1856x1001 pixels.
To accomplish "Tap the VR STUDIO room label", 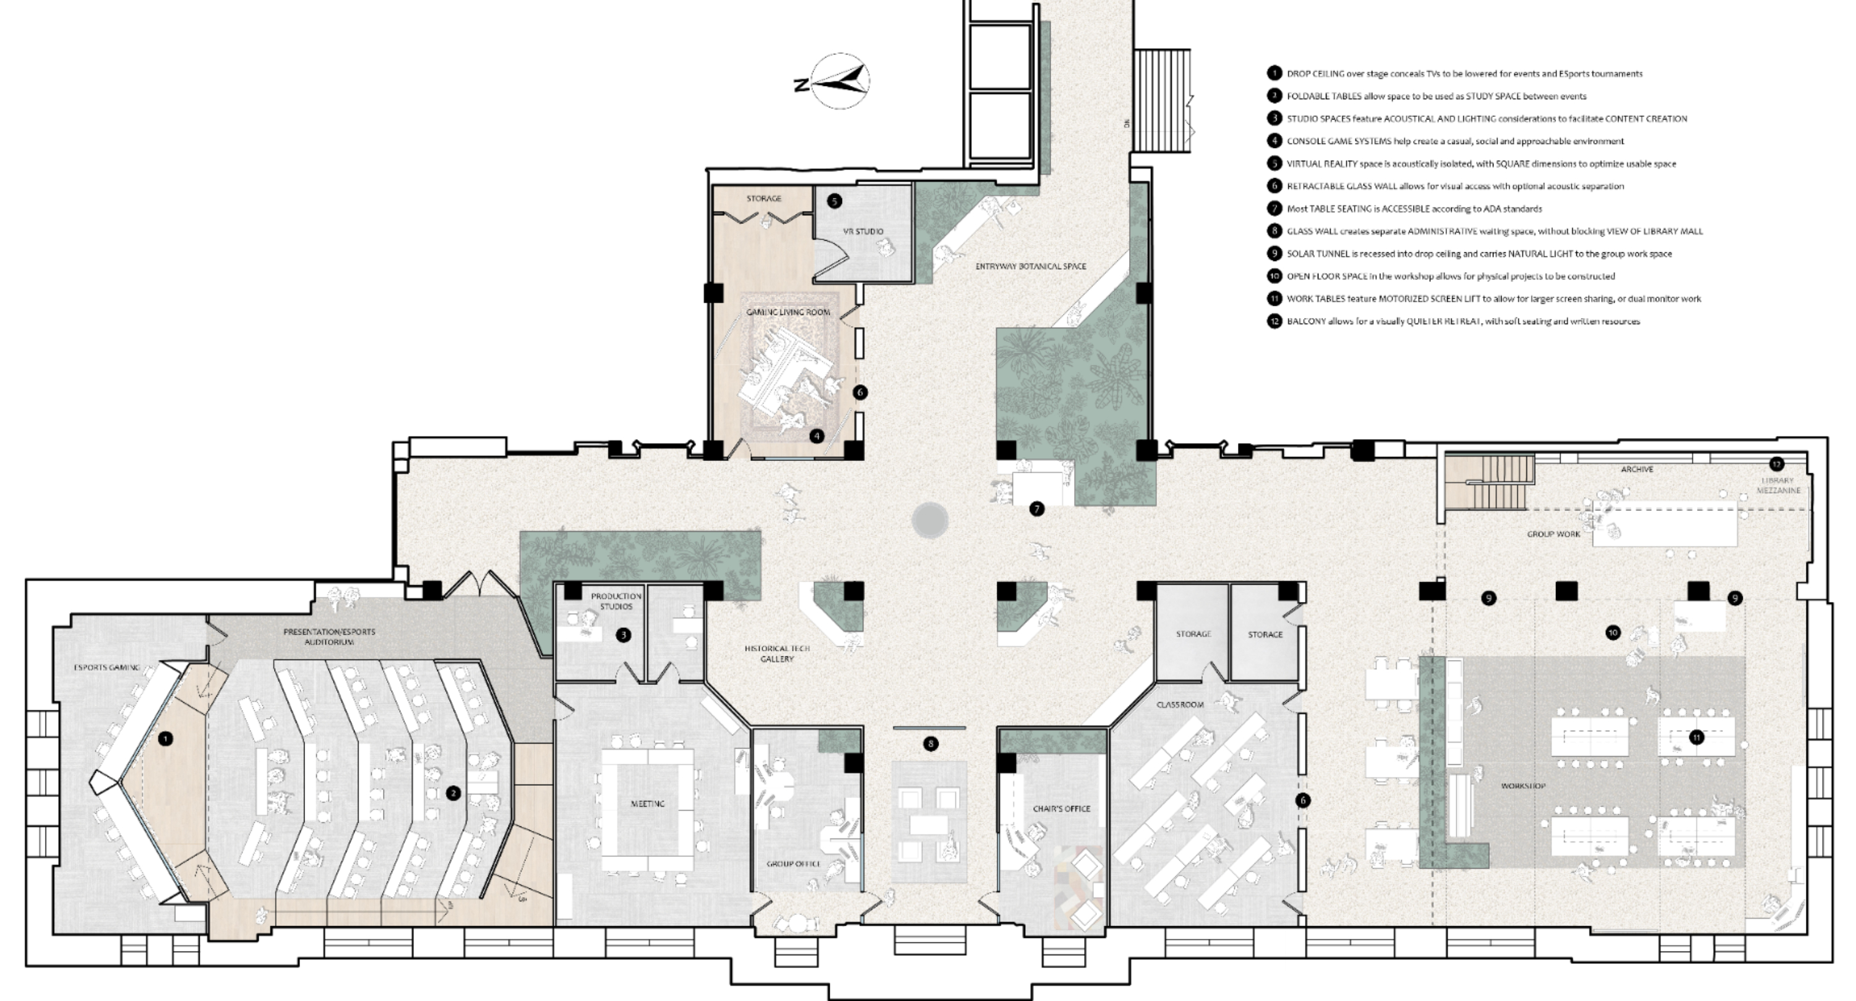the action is point(863,231).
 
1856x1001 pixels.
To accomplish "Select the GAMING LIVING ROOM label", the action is point(788,312).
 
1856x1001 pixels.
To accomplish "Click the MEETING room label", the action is point(648,804).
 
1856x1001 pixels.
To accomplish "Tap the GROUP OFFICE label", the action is point(793,864).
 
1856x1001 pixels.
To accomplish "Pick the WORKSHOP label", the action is point(1523,786).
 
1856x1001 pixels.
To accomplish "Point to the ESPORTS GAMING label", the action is point(106,668).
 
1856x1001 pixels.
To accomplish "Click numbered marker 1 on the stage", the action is point(166,739).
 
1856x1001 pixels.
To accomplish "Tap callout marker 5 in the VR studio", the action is point(833,201).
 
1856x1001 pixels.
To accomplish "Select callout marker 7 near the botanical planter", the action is point(1037,509).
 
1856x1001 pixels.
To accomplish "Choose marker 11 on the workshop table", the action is point(1697,737).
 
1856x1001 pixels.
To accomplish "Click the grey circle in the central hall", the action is point(929,520).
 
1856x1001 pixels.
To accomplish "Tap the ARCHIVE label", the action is point(1637,469).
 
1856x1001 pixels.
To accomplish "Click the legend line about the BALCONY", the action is point(1463,322).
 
